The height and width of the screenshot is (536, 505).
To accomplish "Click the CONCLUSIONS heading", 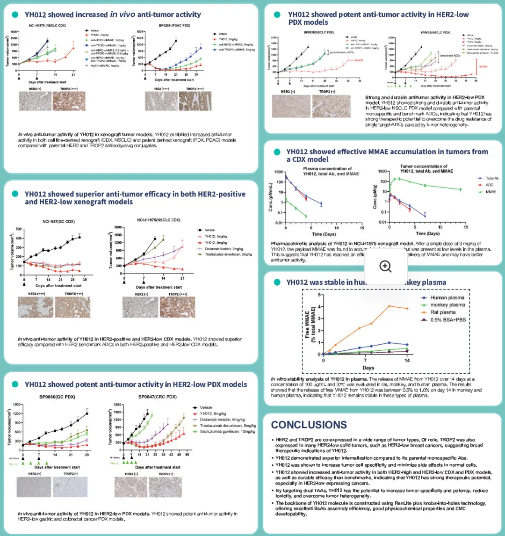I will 309,425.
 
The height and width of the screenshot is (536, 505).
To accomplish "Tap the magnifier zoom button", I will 385,266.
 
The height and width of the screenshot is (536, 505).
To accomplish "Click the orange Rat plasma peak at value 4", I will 389,306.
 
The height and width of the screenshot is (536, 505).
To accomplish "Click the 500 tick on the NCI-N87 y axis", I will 19,229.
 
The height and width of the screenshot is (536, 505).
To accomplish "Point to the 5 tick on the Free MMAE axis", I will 319,295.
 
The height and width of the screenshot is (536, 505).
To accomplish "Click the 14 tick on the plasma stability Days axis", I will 407,361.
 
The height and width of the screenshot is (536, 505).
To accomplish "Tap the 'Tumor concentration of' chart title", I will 424,166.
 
